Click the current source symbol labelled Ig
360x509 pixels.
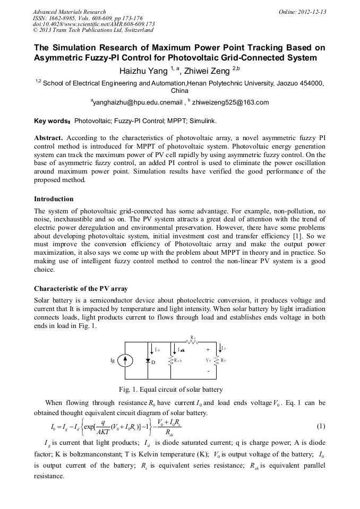pyautogui.click(x=125, y=360)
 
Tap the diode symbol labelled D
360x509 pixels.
pyautogui.click(x=148, y=360)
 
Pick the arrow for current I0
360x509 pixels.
pyautogui.click(x=220, y=348)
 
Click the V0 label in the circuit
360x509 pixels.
pyautogui.click(x=209, y=360)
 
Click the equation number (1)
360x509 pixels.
pyautogui.click(x=320, y=426)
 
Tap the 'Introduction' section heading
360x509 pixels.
pyautogui.click(x=54, y=199)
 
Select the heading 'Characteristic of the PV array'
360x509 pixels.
pyautogui.click(x=81, y=289)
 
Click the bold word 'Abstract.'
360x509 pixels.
pyautogui.click(x=49, y=137)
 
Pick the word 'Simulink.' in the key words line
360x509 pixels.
pyautogui.click(x=186, y=120)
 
